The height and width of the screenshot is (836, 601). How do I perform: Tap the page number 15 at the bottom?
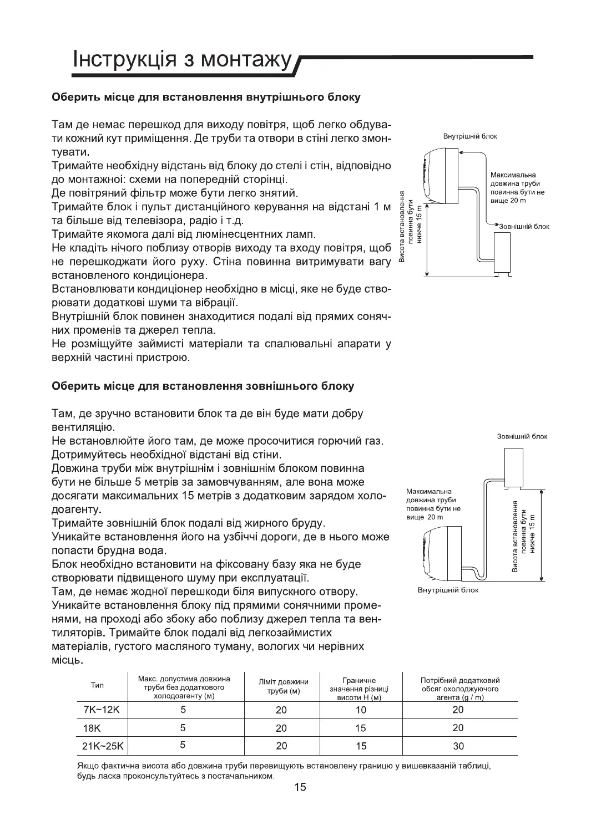click(x=300, y=787)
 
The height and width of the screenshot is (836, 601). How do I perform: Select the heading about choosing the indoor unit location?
click(x=206, y=98)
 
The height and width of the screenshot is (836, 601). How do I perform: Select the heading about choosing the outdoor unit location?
click(x=203, y=386)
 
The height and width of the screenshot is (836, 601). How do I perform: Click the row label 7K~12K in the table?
click(x=97, y=710)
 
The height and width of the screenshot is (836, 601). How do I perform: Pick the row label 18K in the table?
click(x=91, y=728)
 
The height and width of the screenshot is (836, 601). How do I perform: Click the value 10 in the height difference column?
click(x=361, y=710)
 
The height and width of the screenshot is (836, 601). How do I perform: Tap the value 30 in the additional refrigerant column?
click(x=458, y=746)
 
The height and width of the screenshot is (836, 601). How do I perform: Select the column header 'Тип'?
click(x=97, y=686)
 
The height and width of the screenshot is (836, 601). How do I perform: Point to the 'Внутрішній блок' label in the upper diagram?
click(x=470, y=136)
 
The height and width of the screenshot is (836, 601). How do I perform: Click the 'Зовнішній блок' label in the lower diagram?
click(x=522, y=437)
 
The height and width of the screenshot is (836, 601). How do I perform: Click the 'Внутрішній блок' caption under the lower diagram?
click(x=448, y=590)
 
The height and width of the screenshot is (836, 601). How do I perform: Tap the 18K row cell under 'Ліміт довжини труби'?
click(x=281, y=728)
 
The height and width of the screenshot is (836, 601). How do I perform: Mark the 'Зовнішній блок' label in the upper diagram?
click(x=524, y=226)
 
